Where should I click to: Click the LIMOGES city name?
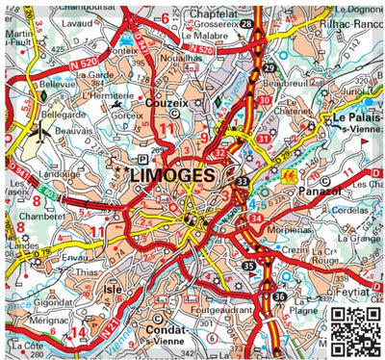178,176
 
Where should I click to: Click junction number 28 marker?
246,23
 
